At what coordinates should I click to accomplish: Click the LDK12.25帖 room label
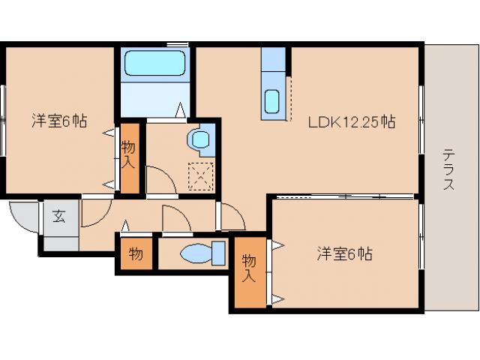tap(352, 121)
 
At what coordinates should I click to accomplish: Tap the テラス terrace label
tap(448, 169)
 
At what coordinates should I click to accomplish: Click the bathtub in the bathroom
tap(155, 63)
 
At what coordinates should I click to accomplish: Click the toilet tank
tap(218, 253)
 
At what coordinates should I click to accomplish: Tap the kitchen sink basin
tap(271, 101)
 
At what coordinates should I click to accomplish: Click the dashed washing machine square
tap(200, 176)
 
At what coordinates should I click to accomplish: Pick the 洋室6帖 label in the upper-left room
tap(59, 121)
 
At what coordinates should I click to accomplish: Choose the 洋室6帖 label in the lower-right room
tap(344, 253)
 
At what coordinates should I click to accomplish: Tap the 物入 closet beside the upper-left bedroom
tap(130, 158)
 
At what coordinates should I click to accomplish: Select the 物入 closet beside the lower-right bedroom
tap(250, 272)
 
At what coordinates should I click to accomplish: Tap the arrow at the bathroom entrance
tap(181, 109)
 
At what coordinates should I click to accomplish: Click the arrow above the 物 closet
tap(125, 226)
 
